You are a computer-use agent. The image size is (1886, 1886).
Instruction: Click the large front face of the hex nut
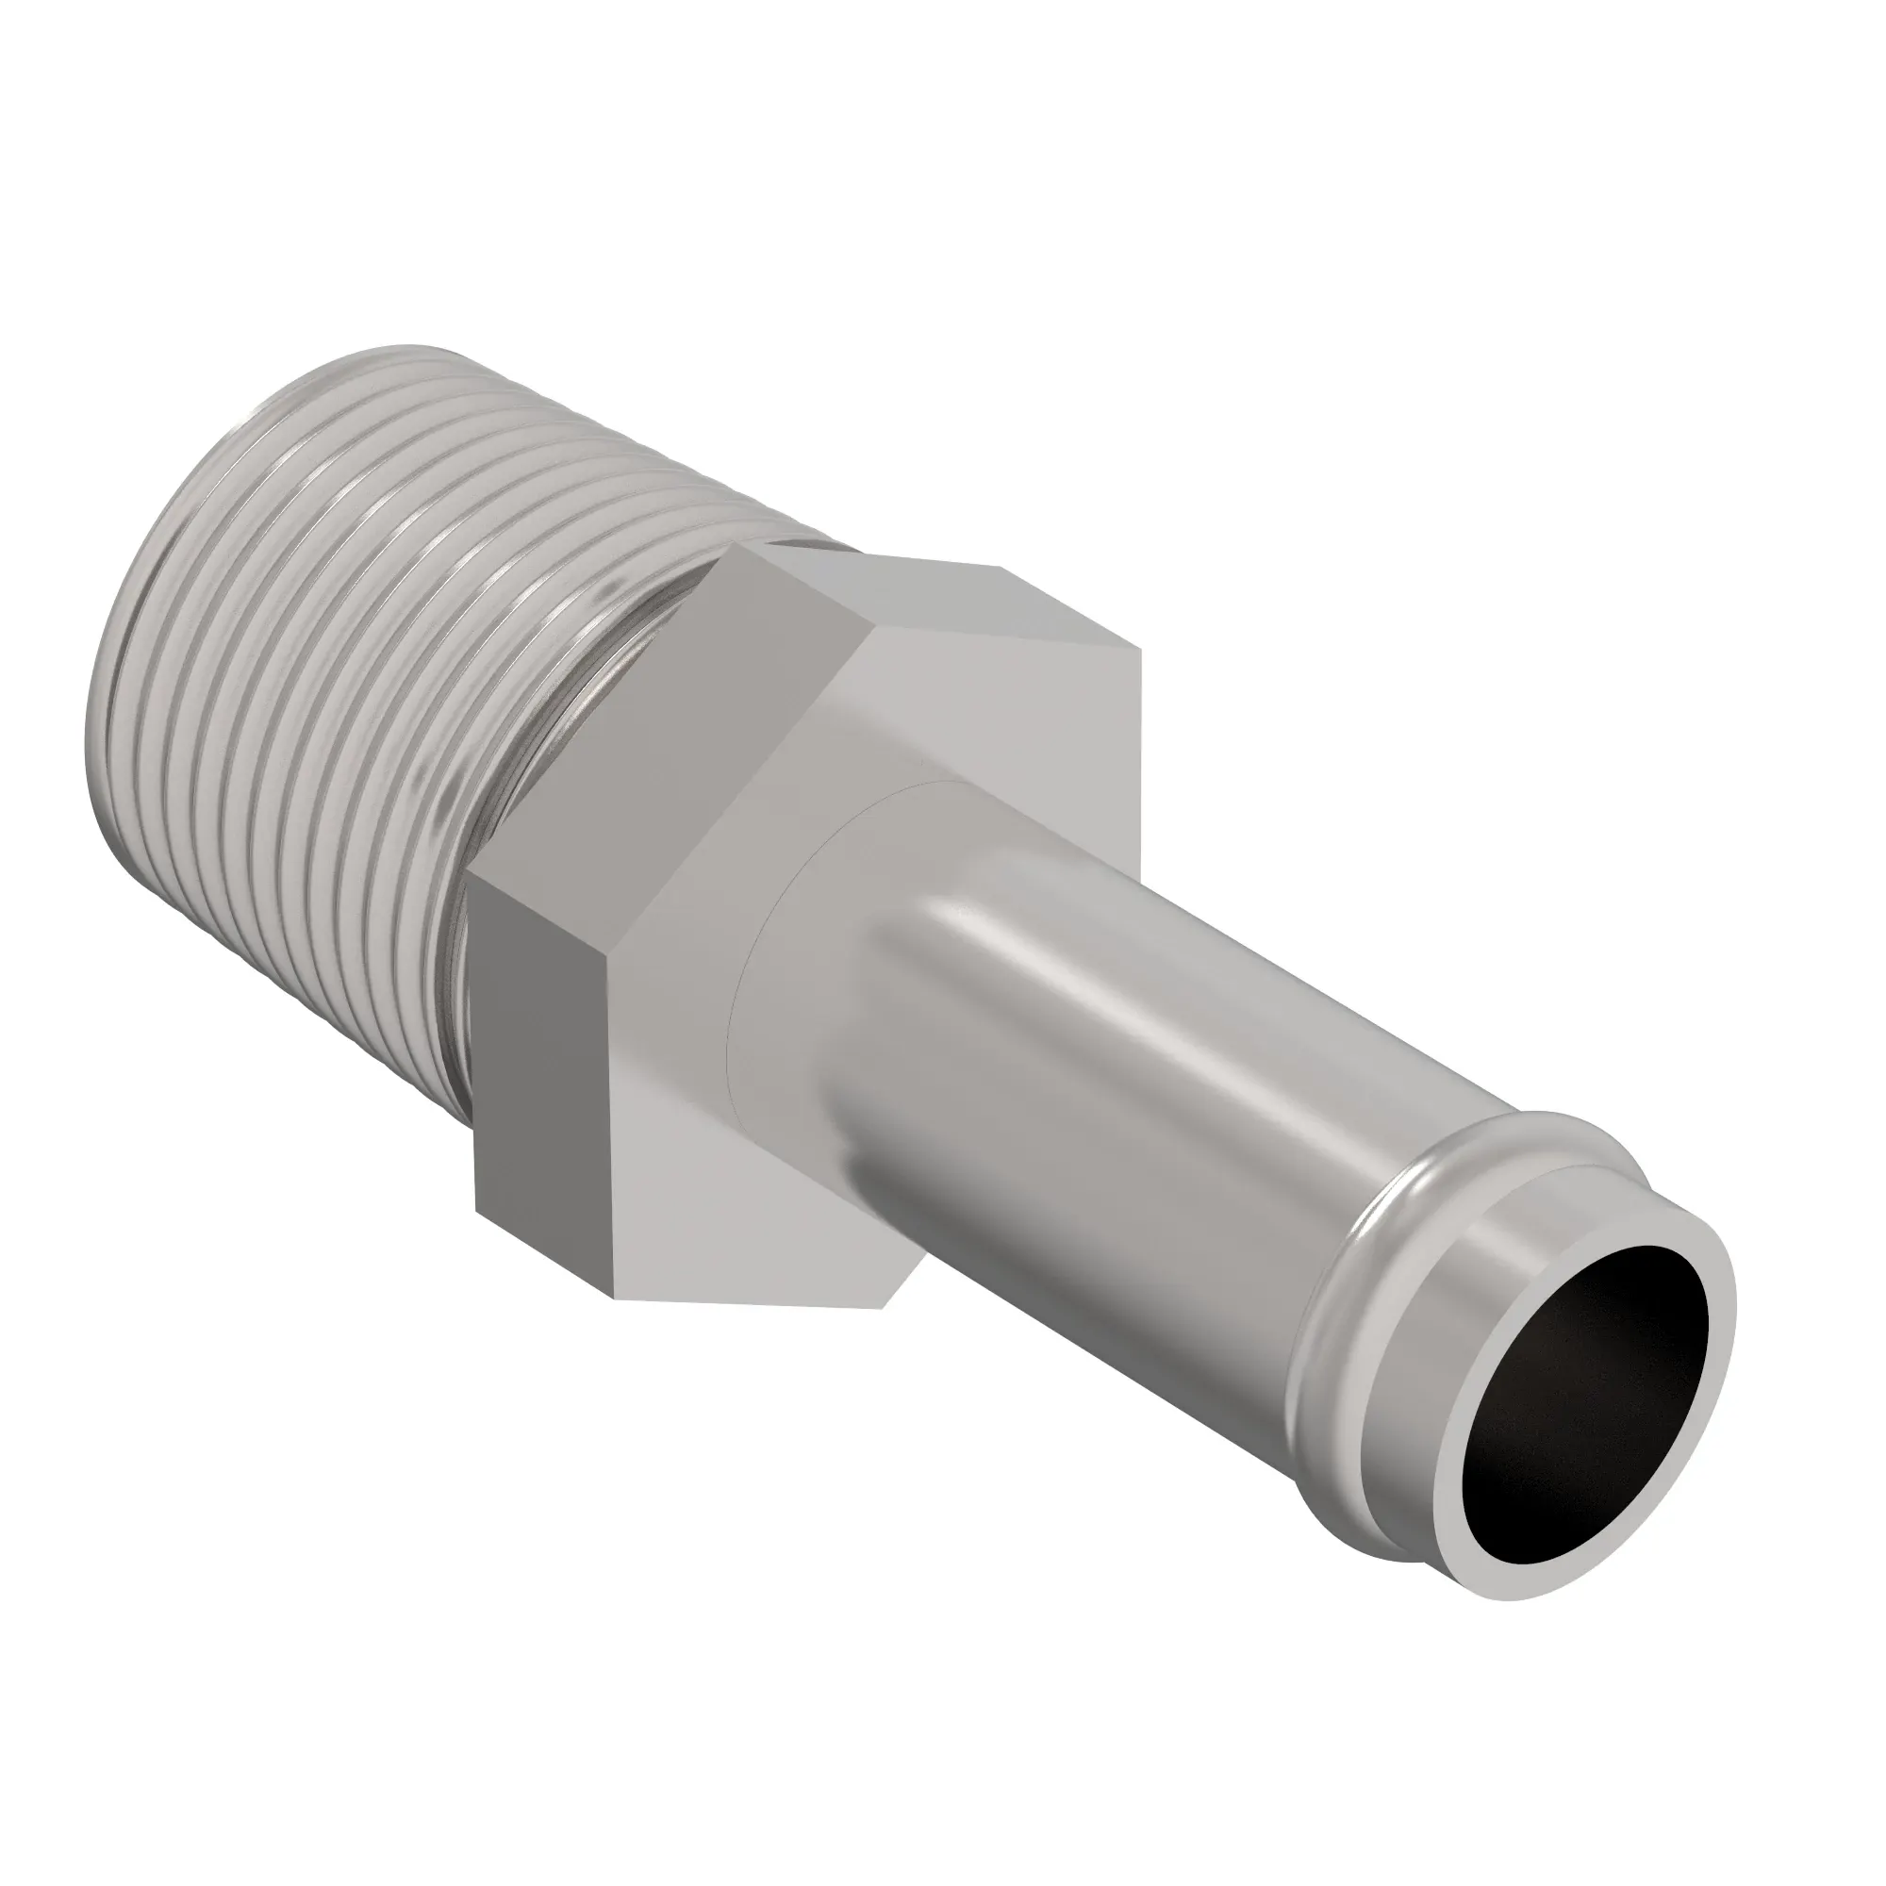[x=976, y=761]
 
